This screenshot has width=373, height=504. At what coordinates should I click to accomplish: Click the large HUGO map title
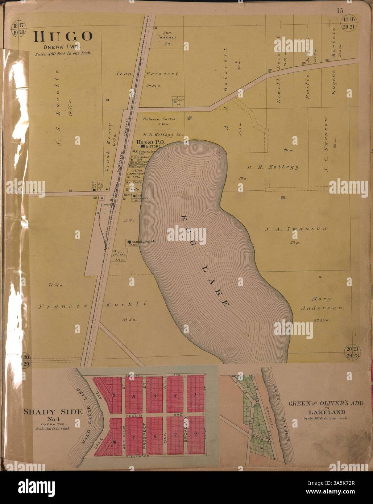(x=63, y=37)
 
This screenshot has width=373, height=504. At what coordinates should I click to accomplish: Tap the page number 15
(x=340, y=11)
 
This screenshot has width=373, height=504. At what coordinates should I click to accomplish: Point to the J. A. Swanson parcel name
(x=296, y=229)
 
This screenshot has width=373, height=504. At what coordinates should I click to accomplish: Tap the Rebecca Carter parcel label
(x=159, y=119)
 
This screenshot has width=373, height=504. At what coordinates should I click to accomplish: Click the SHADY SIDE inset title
(x=53, y=412)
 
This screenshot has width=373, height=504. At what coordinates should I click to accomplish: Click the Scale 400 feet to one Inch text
(x=62, y=54)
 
